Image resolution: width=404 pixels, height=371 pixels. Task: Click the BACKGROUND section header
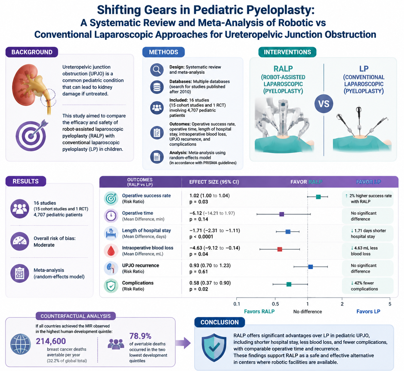32,52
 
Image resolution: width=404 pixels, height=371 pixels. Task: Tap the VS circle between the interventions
324,104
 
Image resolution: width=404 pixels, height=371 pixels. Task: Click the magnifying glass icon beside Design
157,70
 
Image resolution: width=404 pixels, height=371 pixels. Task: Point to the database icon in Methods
157,87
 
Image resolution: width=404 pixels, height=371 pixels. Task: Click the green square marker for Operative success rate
318,197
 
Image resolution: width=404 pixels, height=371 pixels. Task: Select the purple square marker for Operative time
282,214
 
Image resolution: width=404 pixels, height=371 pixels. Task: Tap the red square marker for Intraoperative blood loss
280,249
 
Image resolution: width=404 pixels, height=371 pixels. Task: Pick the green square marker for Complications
289,284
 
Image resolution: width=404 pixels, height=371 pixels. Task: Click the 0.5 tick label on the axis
275,304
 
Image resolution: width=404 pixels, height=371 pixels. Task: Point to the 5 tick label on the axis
390,304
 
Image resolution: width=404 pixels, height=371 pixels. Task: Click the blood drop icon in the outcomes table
111,251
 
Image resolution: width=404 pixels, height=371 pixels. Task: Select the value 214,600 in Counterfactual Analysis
51,341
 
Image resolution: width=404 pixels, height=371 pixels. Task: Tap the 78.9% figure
140,336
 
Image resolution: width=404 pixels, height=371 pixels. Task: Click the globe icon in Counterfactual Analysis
21,344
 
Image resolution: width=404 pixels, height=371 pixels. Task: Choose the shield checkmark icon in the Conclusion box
214,348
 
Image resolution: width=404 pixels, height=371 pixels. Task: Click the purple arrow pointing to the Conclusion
183,343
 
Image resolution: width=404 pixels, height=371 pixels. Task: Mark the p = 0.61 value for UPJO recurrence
199,272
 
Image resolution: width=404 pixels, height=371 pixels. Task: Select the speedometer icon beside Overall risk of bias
20,241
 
